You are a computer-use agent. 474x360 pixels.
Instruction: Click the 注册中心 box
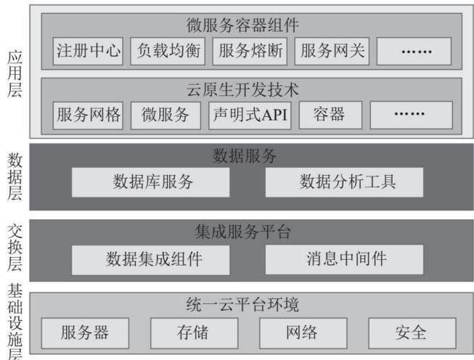point(88,51)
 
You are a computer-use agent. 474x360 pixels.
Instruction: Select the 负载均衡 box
point(168,51)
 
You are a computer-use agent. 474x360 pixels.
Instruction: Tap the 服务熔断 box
point(250,51)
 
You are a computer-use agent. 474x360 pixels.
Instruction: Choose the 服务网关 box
point(332,51)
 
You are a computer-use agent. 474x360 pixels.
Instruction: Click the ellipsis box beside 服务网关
point(414,51)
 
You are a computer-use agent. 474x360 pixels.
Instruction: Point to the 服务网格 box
point(88,115)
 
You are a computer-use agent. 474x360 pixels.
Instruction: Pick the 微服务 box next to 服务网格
point(166,115)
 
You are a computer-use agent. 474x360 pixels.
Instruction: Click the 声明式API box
point(250,115)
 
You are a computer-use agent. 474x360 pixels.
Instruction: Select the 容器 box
point(330,115)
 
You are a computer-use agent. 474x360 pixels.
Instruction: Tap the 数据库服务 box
point(150,182)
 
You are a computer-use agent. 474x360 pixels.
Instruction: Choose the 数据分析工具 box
point(344,182)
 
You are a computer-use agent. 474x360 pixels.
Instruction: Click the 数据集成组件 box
point(150,260)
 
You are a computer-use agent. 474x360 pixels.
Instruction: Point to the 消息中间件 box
point(344,260)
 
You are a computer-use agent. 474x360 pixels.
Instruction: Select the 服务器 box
point(85,333)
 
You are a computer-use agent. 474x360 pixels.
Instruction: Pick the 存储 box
point(195,333)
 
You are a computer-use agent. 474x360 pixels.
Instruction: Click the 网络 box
point(303,333)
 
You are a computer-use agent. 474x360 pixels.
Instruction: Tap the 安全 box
point(412,333)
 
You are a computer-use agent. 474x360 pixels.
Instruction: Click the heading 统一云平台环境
point(242,304)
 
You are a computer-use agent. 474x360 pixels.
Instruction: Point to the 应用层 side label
point(15,74)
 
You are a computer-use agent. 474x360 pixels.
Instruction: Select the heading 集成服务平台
point(243,232)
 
